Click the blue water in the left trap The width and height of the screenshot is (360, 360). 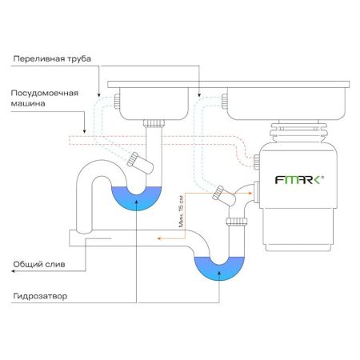[x=137, y=197]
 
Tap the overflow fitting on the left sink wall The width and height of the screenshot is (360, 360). [x=118, y=101]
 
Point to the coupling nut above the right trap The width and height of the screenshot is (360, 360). [x=235, y=221]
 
